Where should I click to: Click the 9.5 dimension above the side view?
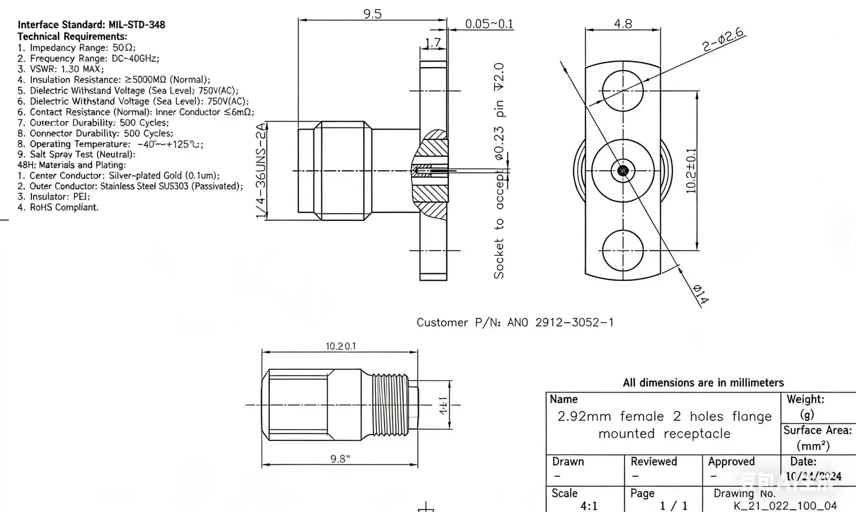[x=372, y=14]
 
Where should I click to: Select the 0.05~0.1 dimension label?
[x=489, y=24]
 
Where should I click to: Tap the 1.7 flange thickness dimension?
[x=433, y=42]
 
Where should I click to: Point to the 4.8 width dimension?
[x=623, y=24]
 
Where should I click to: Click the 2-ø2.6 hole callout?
[x=723, y=40]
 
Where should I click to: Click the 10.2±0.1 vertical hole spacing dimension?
[x=691, y=171]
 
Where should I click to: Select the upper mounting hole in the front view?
[x=623, y=91]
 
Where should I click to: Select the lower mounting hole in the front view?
[x=623, y=250]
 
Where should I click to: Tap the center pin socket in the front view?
[x=623, y=171]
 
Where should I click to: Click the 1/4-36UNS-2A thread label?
[x=261, y=171]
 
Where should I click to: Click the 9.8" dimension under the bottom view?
[x=340, y=459]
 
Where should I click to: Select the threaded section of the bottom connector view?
[x=390, y=405]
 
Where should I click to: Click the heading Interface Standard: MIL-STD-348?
[x=91, y=25]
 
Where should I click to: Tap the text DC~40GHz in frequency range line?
[x=135, y=58]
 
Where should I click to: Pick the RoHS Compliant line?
[x=64, y=207]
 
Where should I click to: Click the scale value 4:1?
[x=589, y=506]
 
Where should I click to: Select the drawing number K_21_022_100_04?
[x=785, y=506]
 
